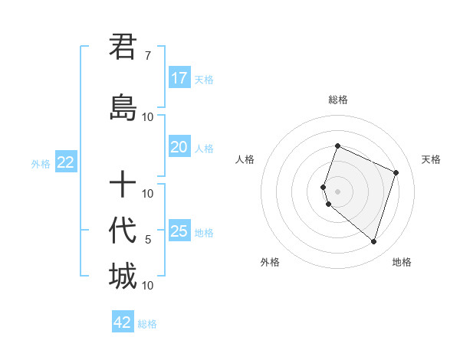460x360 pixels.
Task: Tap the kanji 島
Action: pos(123,107)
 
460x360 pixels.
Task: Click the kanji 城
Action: pos(123,276)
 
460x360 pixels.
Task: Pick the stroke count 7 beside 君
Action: pos(147,56)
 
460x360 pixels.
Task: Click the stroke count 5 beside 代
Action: pos(148,240)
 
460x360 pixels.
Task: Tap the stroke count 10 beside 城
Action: pos(148,286)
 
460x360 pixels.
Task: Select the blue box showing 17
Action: pos(179,77)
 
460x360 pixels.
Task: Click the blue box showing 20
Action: pos(179,147)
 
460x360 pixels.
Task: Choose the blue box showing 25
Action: pos(179,231)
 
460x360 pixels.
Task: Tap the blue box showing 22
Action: pos(66,162)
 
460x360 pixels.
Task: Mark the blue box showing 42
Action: pos(123,322)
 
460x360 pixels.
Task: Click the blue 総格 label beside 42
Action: pos(147,324)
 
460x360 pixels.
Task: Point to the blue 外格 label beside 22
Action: pos(41,163)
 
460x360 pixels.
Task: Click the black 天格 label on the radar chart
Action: pos(431,159)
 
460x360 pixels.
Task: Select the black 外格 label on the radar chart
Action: pos(270,262)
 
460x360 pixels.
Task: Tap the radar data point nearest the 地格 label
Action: pos(373,242)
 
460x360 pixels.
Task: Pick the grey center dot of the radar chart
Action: pos(337,191)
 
